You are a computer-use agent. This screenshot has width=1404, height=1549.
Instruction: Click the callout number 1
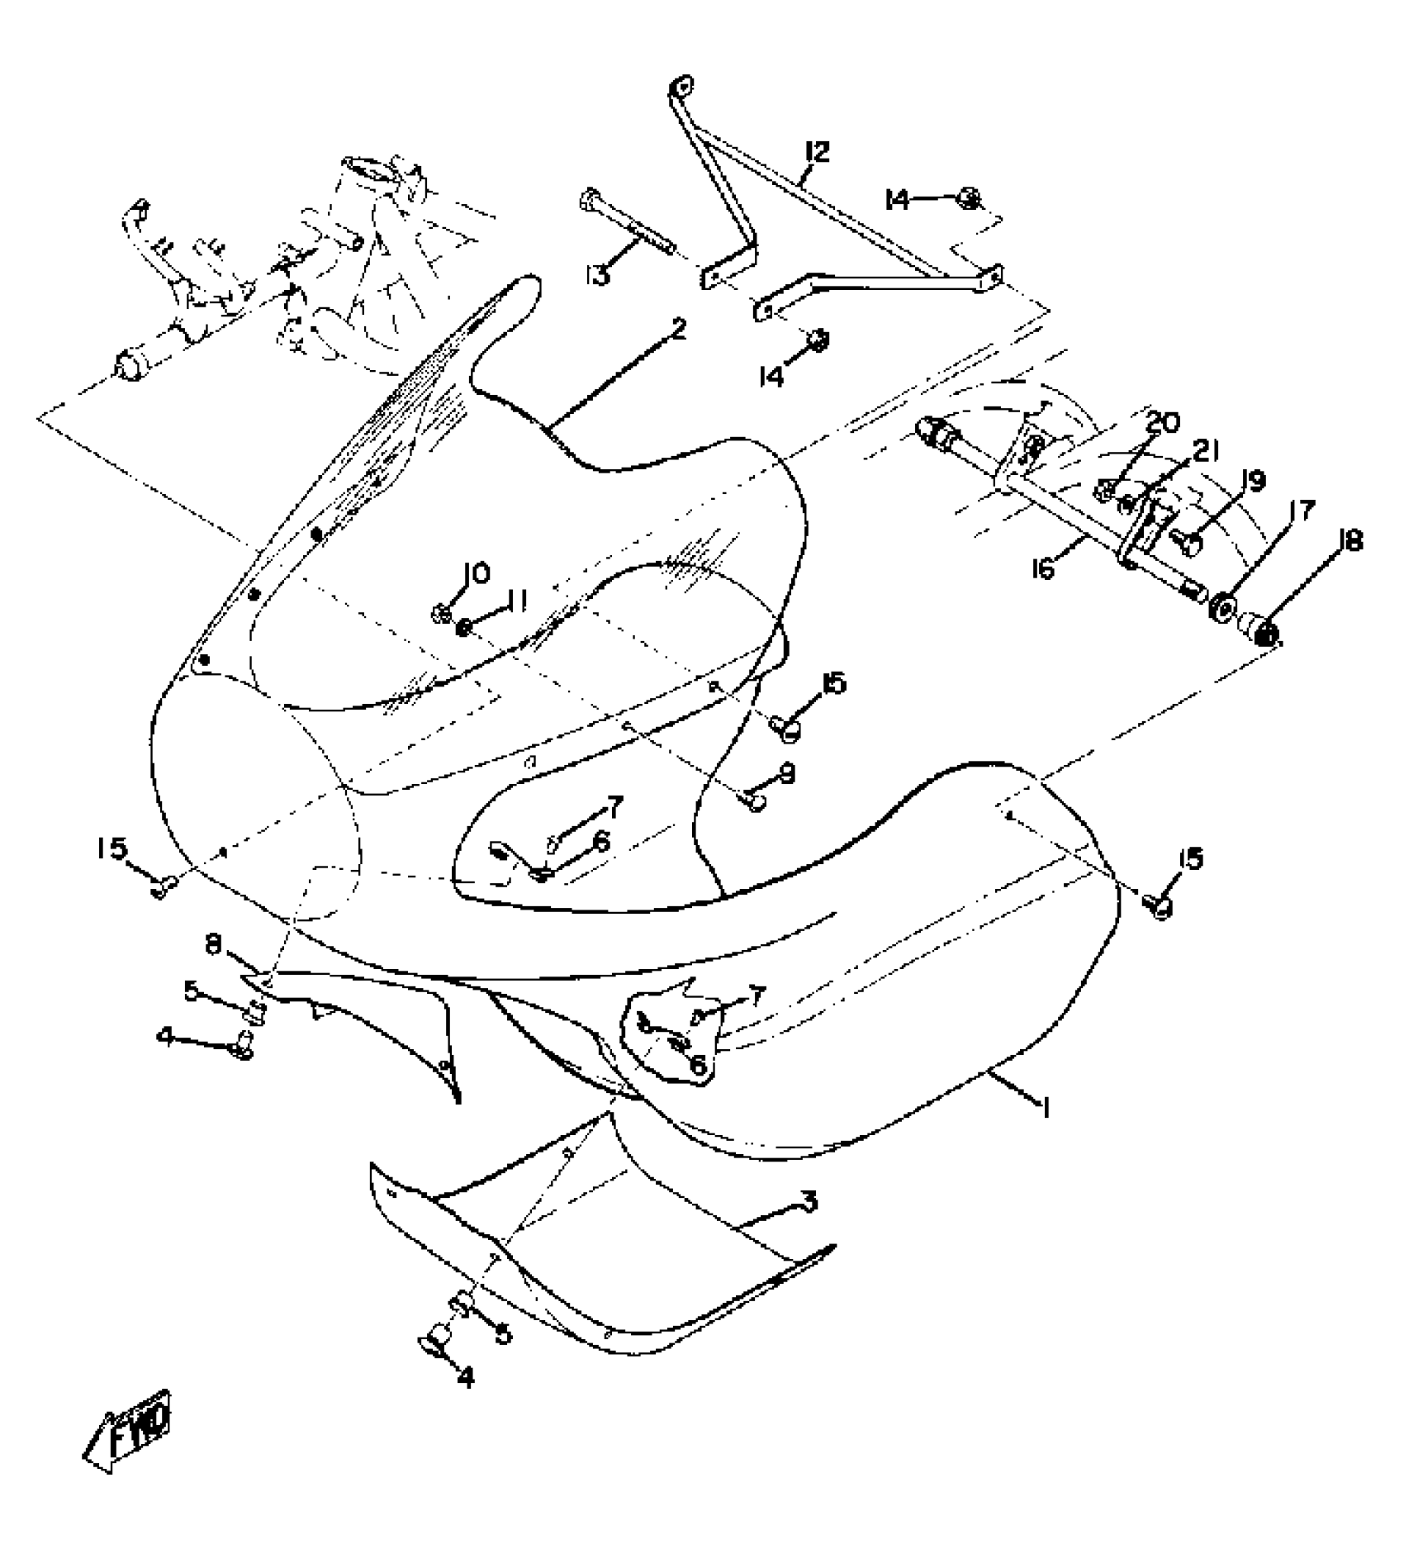pos(1046,1107)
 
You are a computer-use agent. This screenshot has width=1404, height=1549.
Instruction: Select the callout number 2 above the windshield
pos(678,330)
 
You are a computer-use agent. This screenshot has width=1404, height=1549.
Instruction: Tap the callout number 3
pos(809,1201)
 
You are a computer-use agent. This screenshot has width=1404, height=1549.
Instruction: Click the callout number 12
pos(817,152)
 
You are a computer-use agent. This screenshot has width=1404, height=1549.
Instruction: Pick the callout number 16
pos(1045,569)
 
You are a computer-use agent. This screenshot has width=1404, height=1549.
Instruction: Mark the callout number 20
pos(1163,423)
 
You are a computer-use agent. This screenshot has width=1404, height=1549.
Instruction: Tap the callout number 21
pos(1207,451)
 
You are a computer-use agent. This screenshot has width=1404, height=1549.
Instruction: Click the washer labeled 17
pos(1221,610)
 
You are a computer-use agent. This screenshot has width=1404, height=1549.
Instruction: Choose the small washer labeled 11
pos(465,629)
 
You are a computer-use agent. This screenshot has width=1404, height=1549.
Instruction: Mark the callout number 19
pos(1253,480)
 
